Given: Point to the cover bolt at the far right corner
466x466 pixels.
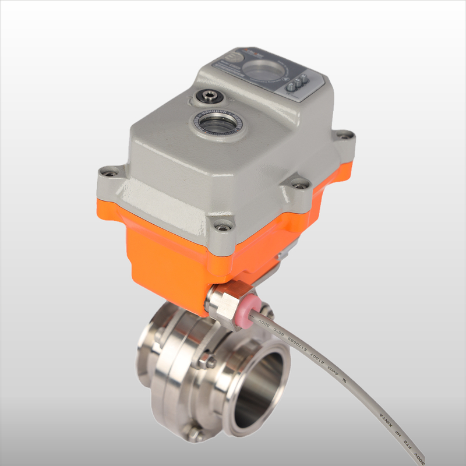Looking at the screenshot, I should [345, 135].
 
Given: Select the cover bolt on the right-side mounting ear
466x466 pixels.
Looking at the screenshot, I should [301, 184].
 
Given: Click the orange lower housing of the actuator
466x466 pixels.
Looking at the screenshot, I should [163, 256].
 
